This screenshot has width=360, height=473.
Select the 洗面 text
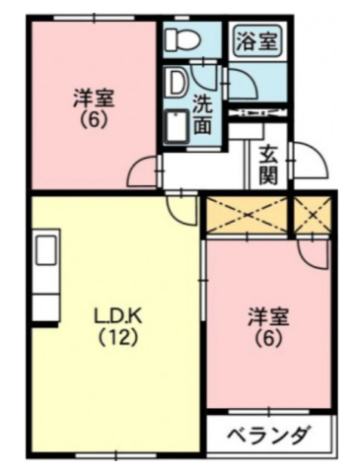203,114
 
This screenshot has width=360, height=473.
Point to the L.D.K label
115,317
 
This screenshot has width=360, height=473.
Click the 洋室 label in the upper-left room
93,99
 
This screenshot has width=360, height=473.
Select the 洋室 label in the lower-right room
267,316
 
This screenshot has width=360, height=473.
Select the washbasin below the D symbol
179,126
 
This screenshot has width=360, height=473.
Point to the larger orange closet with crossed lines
246,214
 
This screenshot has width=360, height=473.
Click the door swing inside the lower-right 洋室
314,251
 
